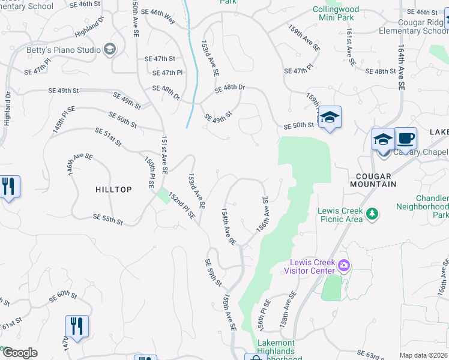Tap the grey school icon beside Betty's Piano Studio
coord(109,49)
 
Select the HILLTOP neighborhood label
coord(113,190)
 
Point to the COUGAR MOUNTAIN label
coord(373,180)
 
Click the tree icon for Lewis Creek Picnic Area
coord(373,213)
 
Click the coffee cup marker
coord(405,139)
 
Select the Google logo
coord(20,353)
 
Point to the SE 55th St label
coord(108,220)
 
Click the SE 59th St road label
coord(213,272)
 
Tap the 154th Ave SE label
coord(229,227)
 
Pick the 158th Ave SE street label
coord(288,309)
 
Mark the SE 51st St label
coord(108,137)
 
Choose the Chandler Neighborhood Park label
coord(423,206)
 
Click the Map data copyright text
coord(424,355)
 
